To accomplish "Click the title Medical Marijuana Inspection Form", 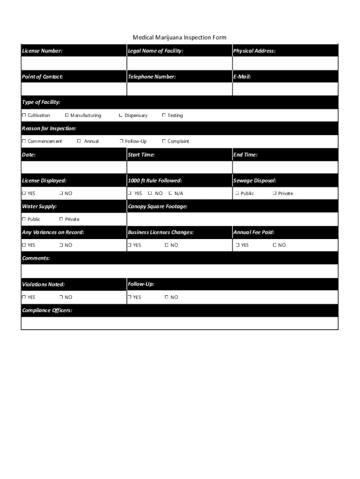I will point(180,37).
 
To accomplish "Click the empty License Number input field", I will point(74,63).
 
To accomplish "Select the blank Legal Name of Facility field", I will point(179,63).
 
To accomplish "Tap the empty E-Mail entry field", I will point(285,89).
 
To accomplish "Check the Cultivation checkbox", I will point(24,115).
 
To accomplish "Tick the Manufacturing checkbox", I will point(67,115).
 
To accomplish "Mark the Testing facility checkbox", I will point(164,115).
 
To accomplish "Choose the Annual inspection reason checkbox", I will point(79,141).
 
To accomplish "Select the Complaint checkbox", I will point(164,141).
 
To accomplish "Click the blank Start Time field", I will point(179,167).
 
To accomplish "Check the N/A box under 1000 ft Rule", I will point(171,193).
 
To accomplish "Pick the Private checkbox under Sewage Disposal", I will point(274,193).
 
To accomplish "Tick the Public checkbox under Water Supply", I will point(24,219).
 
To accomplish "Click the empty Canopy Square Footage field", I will point(232,219).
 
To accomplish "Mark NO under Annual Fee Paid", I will point(274,245).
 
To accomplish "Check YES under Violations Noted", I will point(24,297).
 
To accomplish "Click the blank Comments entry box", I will point(179,271).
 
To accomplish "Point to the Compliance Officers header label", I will point(47,310).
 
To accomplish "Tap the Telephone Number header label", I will point(151,76).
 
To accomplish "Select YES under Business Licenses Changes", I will point(129,245).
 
